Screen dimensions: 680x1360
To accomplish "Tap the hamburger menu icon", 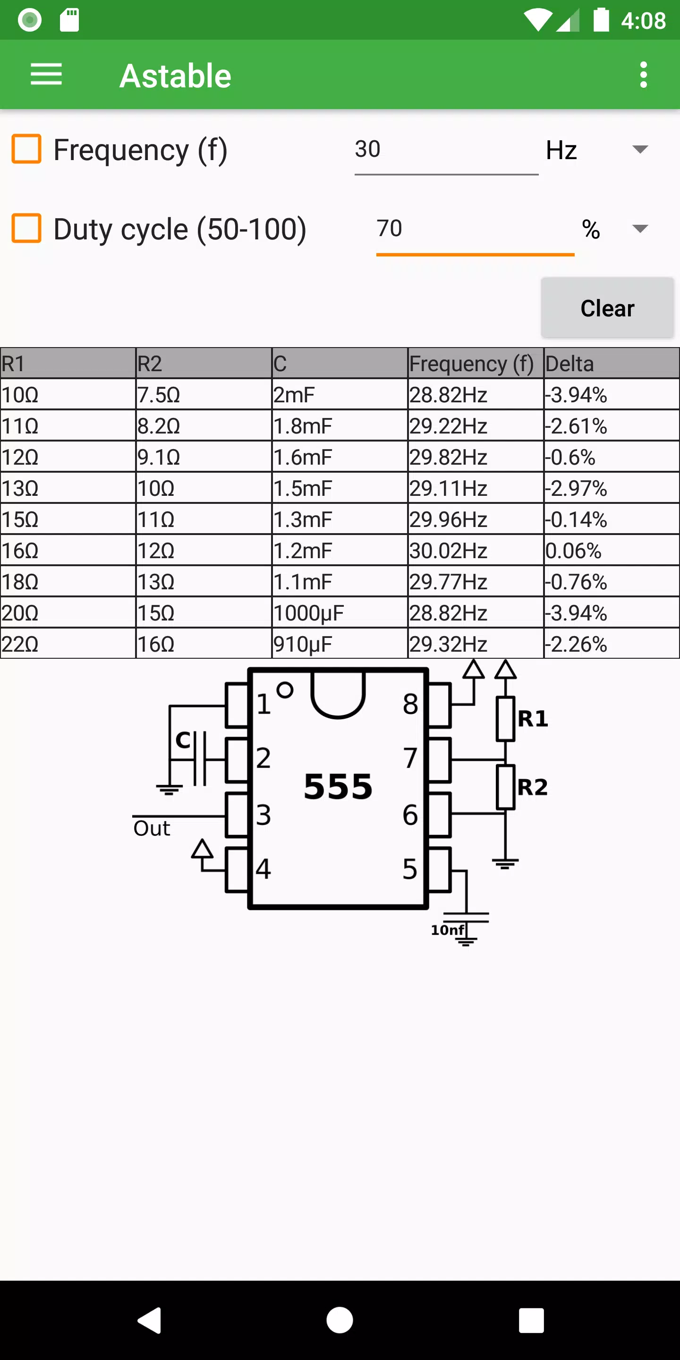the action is point(46,75).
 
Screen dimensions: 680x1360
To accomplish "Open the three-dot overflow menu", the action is point(643,75).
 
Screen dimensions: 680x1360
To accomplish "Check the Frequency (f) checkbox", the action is point(26,149).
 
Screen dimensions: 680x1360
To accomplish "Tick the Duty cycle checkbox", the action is point(26,228).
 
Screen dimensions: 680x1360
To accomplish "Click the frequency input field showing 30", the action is point(446,150).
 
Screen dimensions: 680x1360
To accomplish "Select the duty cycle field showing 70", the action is point(475,229).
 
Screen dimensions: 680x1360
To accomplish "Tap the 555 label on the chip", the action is point(338,787).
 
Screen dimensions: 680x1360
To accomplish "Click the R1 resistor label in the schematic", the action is point(533,719).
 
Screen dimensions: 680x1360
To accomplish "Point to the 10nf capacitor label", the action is point(448,930).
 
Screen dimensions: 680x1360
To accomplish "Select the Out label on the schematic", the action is point(152,828).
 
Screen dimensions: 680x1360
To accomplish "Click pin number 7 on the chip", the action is point(411,758).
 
